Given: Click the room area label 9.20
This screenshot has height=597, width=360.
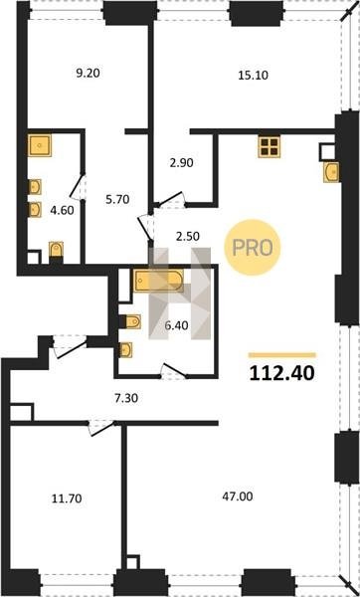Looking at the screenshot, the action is point(88,73).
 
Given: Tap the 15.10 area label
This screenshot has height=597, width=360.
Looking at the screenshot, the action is point(253,75).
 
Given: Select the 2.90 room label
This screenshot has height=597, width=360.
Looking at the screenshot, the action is point(181,163).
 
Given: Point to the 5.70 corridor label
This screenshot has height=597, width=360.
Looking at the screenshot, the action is point(117,198).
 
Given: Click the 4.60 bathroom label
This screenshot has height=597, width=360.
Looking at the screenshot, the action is point(62,210).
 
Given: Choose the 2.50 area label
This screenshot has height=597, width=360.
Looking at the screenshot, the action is point(187,237).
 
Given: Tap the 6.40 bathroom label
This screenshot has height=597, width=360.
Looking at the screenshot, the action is point(176,325).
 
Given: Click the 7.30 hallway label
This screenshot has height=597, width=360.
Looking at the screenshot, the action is point(125,399).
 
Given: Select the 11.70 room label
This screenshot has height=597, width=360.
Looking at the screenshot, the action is point(67,498).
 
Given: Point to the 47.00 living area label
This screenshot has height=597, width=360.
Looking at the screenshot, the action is point(238,497).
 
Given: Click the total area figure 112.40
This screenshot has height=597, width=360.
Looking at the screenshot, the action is point(282,373).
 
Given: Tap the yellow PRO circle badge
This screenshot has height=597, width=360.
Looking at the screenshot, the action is point(253,248).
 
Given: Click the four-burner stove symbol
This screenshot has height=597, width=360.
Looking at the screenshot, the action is point(270,146).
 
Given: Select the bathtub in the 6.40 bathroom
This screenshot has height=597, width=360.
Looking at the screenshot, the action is point(158,281).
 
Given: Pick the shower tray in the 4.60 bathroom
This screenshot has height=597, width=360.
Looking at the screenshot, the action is point(39,145).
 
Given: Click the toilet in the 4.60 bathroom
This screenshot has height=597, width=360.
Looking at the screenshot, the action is point(57,250).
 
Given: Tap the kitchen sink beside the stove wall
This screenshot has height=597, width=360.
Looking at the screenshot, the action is point(331,172).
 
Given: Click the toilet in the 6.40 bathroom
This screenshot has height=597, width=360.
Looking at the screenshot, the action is point(132,321).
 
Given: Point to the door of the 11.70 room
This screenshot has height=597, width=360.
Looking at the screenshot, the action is point(100,427).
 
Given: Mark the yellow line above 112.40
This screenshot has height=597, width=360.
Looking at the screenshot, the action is point(282,355).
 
